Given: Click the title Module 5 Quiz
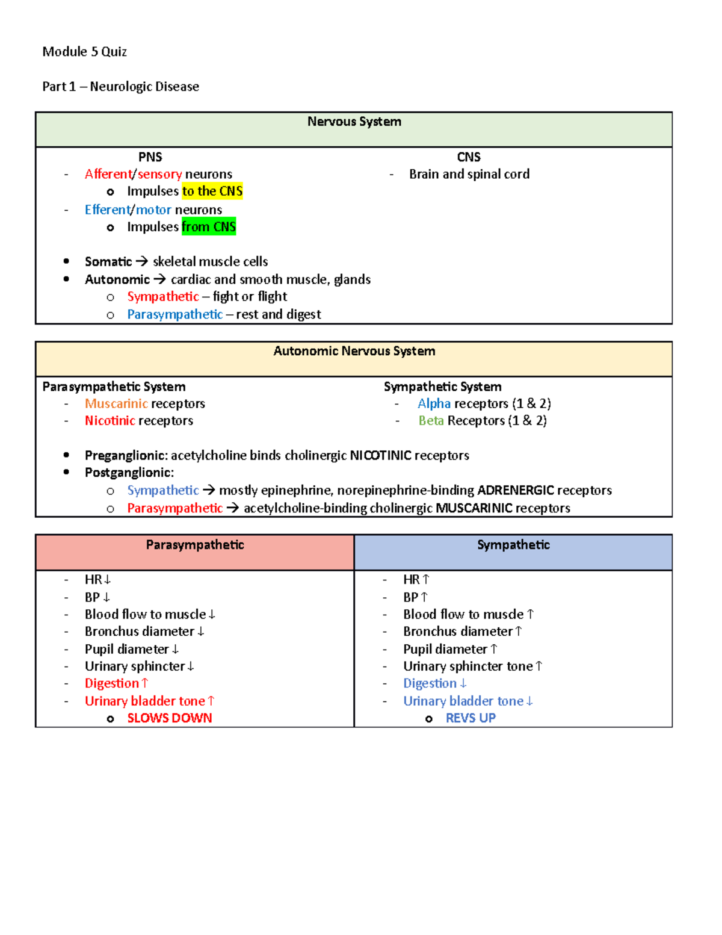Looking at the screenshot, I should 84,52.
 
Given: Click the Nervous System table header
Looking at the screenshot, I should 354,122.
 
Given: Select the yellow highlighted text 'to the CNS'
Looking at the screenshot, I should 212,191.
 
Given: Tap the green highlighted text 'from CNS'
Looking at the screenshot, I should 209,227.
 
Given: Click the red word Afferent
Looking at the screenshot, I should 108,174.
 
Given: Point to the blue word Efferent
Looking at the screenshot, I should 107,210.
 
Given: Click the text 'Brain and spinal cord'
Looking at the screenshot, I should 469,174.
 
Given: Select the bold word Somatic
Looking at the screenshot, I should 108,262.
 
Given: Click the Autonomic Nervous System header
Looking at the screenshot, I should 354,352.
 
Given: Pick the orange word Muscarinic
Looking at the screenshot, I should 116,404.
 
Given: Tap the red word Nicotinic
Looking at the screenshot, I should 110,421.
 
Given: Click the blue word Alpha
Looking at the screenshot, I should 434,404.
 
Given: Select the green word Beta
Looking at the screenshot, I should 431,421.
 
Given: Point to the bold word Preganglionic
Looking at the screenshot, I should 126,456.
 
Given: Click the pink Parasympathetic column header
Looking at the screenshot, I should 195,545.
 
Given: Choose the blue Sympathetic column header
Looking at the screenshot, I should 513,545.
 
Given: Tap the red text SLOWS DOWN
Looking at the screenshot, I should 170,718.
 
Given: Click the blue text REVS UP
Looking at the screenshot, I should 471,718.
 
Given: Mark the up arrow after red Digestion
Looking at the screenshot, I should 144,683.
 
